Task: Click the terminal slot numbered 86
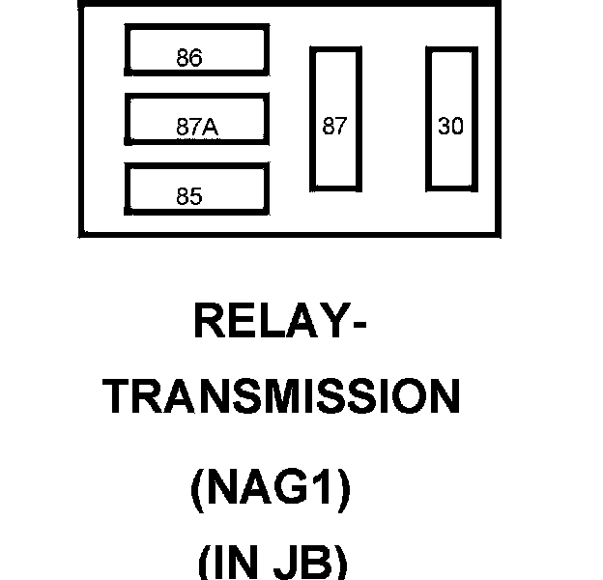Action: [195, 52]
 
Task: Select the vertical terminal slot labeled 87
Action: [334, 118]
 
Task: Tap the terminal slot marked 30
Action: [451, 118]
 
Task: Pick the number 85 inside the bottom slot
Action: [189, 196]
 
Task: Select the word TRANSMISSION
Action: [281, 395]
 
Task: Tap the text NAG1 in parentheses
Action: [271, 492]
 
